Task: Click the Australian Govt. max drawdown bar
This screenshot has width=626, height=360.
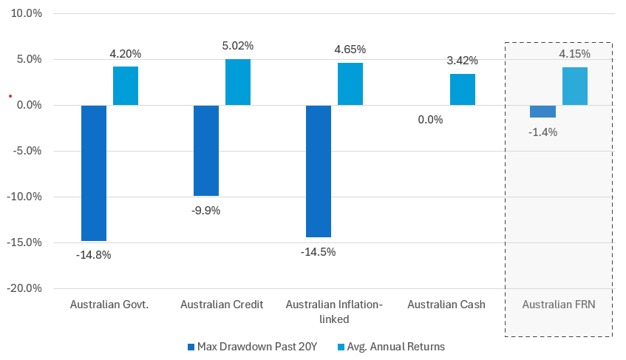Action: pyautogui.click(x=94, y=173)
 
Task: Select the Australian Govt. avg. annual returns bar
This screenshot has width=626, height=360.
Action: pyautogui.click(x=126, y=86)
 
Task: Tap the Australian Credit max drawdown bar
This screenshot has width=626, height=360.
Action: pyautogui.click(x=206, y=151)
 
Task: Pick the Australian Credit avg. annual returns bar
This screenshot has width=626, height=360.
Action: pyautogui.click(x=238, y=82)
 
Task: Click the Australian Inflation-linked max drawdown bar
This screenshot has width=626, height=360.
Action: pyautogui.click(x=319, y=171)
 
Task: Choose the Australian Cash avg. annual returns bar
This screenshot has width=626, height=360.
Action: pyautogui.click(x=463, y=89)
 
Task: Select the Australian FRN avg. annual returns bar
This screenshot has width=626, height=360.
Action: pyautogui.click(x=575, y=86)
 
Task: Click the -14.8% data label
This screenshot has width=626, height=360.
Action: pyautogui.click(x=93, y=255)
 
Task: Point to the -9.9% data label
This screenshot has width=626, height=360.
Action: pyautogui.click(x=205, y=210)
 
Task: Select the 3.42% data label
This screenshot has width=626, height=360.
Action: pyautogui.click(x=463, y=60)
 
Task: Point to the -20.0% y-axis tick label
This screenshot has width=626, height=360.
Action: pyautogui.click(x=25, y=288)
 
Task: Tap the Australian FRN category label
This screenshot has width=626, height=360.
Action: pyautogui.click(x=558, y=305)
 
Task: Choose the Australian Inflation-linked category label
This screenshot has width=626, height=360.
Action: pyautogui.click(x=333, y=311)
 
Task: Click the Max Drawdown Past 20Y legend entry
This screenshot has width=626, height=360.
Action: pyautogui.click(x=251, y=346)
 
